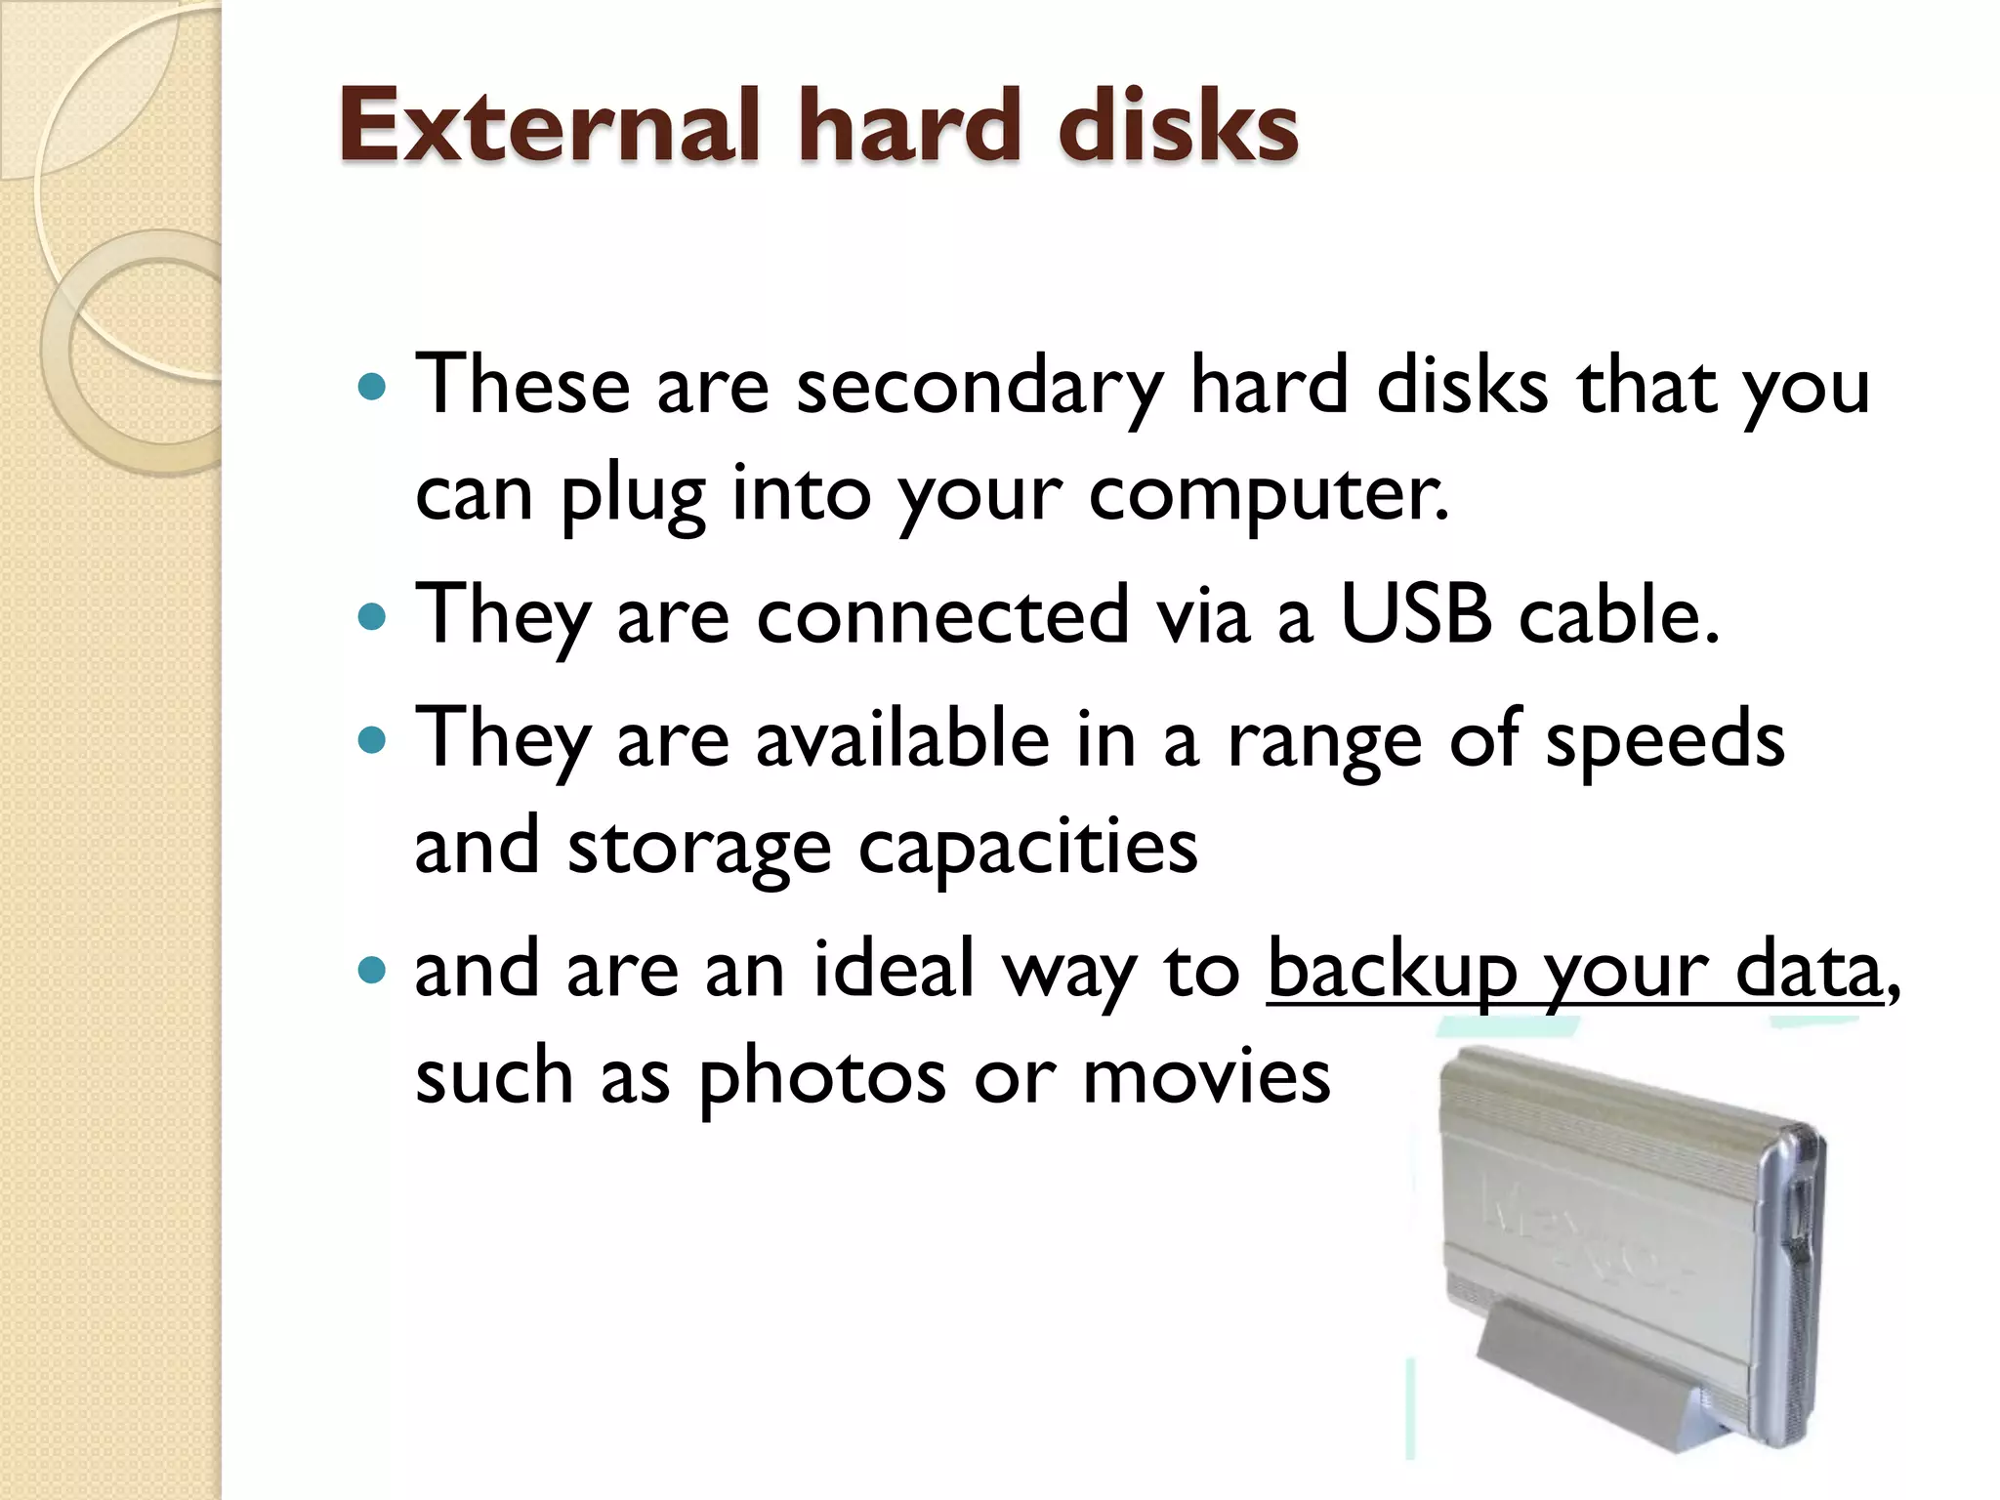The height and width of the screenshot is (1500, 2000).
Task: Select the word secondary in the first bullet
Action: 979,387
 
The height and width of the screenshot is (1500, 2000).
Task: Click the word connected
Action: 942,616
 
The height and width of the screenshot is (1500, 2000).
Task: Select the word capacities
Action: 1027,848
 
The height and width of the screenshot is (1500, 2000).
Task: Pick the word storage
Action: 699,848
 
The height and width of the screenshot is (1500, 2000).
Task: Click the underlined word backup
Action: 1391,973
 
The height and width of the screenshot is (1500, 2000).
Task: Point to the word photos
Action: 822,1078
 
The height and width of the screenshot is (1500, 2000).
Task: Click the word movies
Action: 1207,1078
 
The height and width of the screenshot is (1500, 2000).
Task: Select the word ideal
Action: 894,971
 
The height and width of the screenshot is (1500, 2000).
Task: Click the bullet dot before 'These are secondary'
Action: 372,387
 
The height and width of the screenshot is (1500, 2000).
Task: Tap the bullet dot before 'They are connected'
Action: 372,616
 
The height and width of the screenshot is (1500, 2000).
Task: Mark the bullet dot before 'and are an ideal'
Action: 372,971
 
